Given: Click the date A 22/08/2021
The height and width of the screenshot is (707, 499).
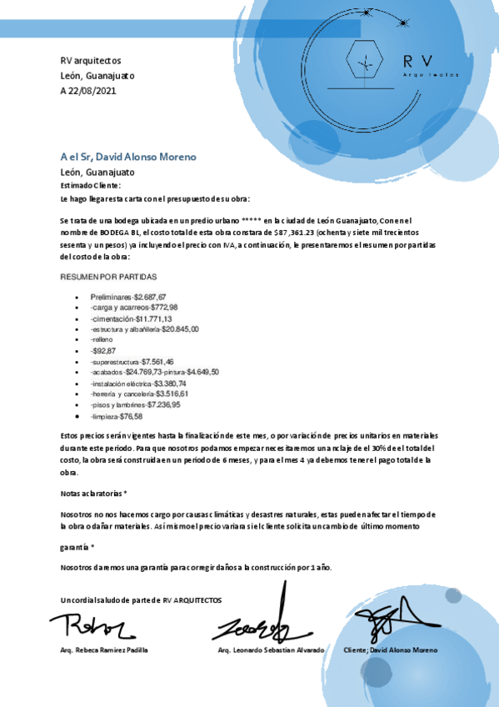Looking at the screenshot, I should pyautogui.click(x=89, y=90).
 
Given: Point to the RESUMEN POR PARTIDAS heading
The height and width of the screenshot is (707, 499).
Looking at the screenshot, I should pyautogui.click(x=108, y=276).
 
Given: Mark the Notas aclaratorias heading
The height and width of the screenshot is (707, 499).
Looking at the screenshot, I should pyautogui.click(x=93, y=494).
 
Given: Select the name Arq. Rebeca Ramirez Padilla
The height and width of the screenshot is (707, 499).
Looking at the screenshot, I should pyautogui.click(x=104, y=649).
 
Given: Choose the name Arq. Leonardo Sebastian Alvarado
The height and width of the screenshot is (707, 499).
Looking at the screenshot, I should pyautogui.click(x=271, y=649).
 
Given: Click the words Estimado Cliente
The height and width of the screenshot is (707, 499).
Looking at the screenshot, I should pyautogui.click(x=91, y=186).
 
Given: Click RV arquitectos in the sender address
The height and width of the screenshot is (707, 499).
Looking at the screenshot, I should pyautogui.click(x=91, y=61).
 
